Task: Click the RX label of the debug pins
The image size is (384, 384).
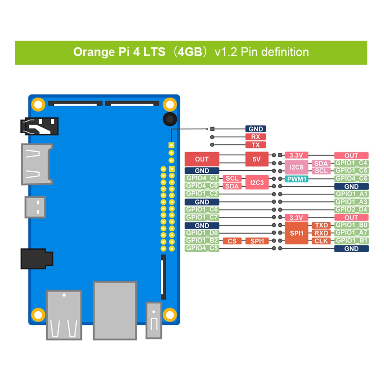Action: click(x=255, y=137)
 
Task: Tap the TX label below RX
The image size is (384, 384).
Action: click(x=255, y=145)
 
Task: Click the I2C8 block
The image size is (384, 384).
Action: click(x=297, y=167)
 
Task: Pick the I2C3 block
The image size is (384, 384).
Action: click(x=257, y=183)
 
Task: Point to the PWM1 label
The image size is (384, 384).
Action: click(x=297, y=179)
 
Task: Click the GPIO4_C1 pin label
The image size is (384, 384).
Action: click(x=202, y=178)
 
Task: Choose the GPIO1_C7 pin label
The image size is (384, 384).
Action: click(x=202, y=218)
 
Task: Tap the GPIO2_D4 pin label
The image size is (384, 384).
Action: click(x=351, y=209)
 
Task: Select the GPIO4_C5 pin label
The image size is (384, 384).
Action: click(x=202, y=248)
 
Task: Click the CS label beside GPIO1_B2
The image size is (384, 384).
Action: click(x=232, y=241)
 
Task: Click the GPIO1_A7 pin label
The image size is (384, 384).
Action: click(x=351, y=233)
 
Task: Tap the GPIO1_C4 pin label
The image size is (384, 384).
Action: click(x=351, y=163)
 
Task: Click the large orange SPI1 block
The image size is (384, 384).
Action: click(x=297, y=233)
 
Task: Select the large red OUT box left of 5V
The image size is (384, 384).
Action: click(x=202, y=159)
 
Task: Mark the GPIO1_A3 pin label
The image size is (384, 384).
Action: click(x=351, y=202)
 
